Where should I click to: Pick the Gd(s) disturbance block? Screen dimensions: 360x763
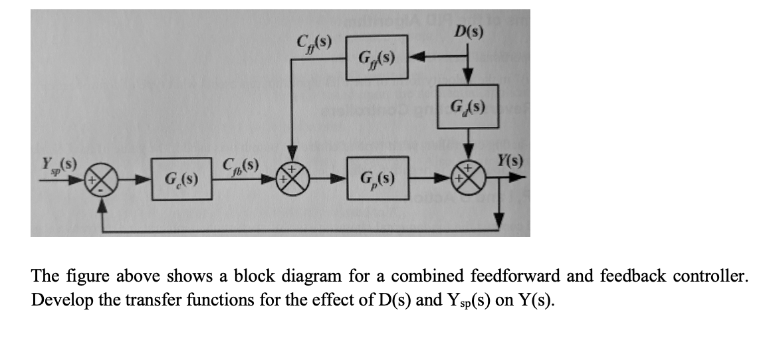click(469, 106)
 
